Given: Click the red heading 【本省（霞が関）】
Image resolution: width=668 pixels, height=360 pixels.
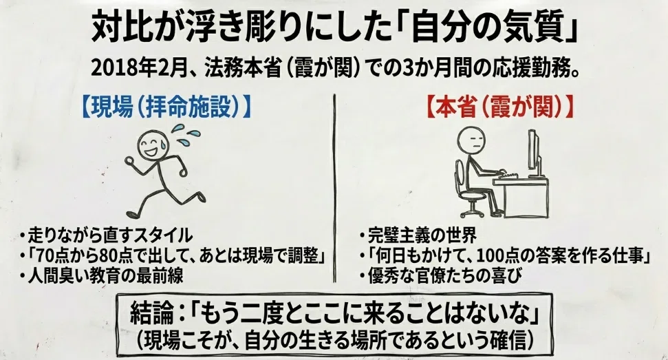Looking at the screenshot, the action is [x=499, y=108].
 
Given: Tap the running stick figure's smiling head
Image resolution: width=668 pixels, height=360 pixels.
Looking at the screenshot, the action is [x=153, y=144].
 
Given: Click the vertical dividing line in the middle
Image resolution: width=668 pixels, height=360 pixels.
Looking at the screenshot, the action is [x=334, y=189].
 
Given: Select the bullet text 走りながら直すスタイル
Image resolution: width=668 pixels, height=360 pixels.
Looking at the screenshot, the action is [x=110, y=235].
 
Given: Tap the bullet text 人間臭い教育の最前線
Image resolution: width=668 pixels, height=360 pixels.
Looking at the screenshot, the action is [x=105, y=275].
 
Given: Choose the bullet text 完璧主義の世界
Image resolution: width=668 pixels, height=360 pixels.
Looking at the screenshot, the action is [x=422, y=235].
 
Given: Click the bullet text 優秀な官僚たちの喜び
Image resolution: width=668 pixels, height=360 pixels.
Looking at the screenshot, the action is [x=444, y=275].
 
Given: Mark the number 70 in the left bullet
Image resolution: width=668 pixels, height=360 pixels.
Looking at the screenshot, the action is [x=45, y=255].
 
